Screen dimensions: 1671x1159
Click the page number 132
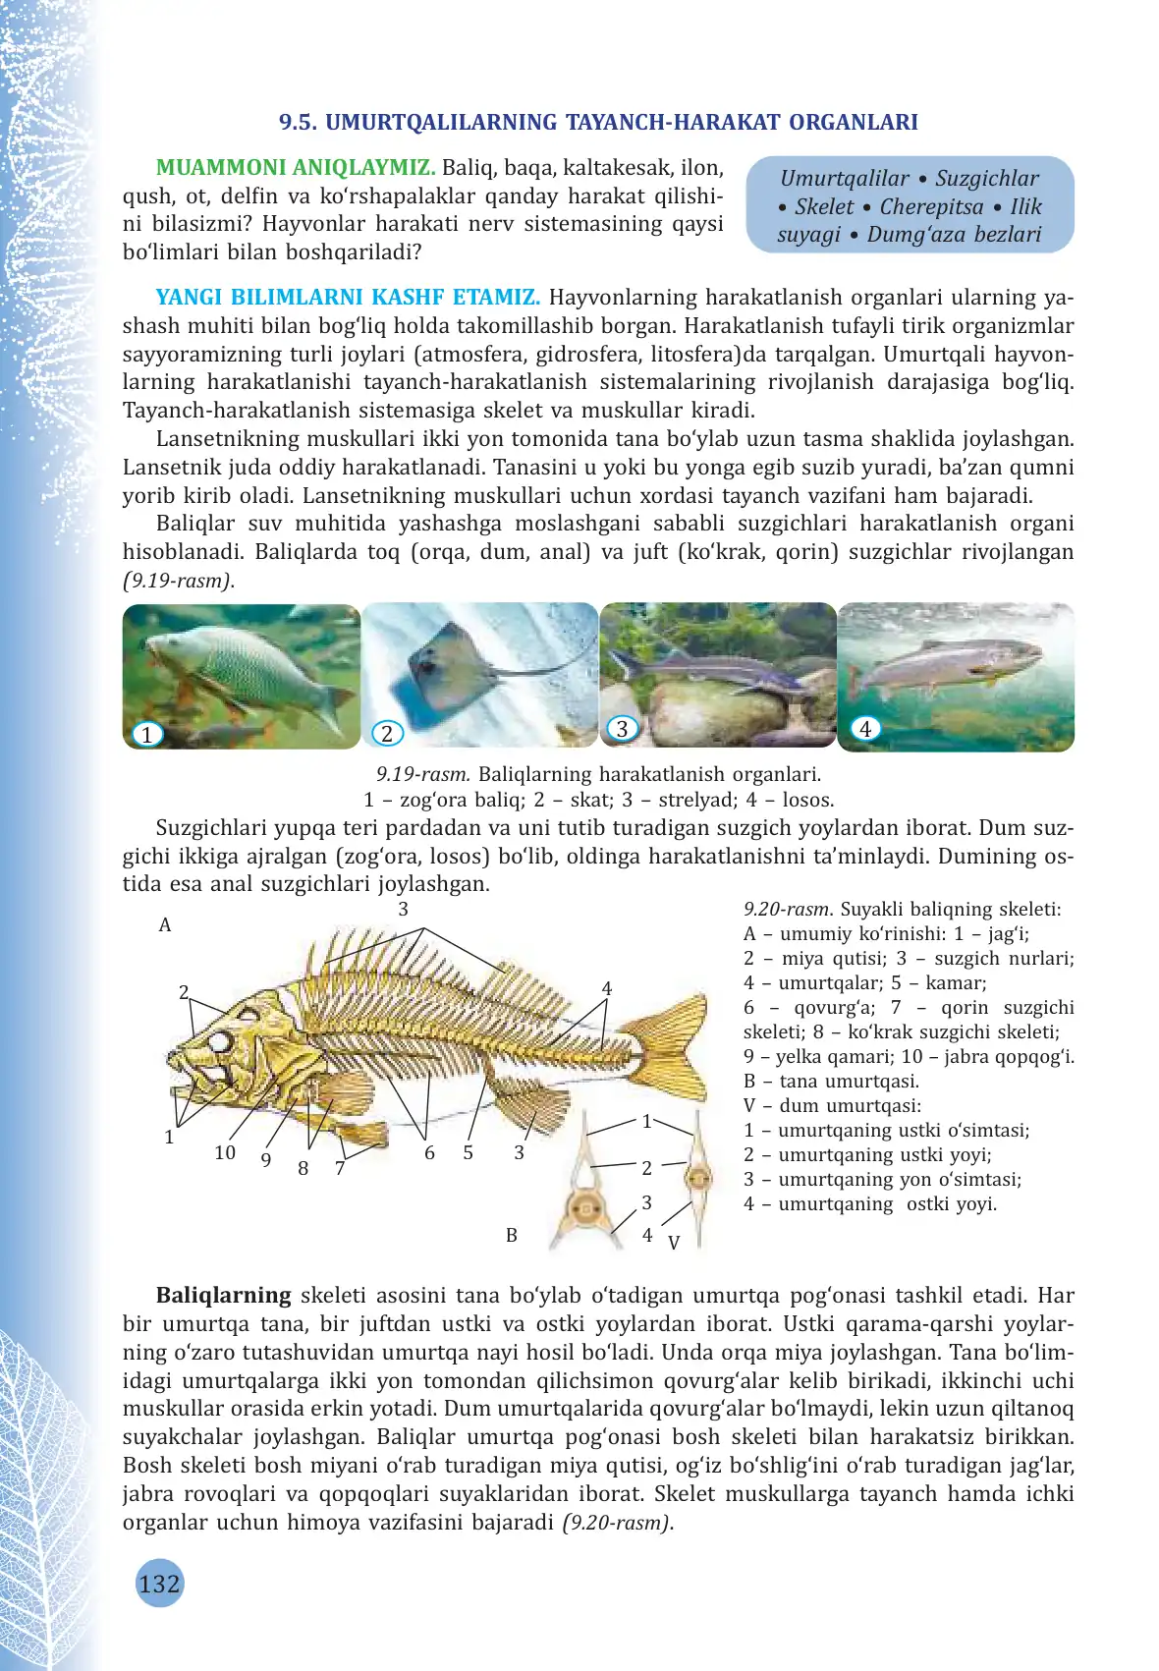click(159, 1584)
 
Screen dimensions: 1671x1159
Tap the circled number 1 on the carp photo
click(146, 734)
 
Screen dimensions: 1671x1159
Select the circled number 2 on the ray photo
click(387, 733)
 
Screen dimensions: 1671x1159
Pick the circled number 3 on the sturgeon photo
click(622, 728)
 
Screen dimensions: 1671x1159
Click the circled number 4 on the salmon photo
click(865, 729)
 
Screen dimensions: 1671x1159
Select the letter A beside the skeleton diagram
click(165, 924)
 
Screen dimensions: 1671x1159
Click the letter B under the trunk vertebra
click(512, 1235)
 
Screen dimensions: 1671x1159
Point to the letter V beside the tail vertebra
click(674, 1243)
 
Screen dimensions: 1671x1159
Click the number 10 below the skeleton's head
click(225, 1152)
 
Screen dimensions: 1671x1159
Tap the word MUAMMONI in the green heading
click(219, 168)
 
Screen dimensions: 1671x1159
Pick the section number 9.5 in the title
click(298, 123)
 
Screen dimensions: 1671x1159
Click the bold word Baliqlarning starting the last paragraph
click(224, 1295)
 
